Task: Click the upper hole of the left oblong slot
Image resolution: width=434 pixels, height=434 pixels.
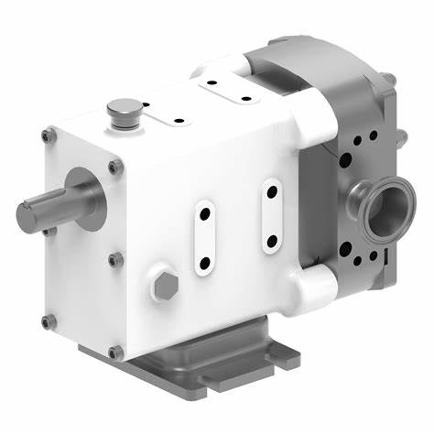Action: (x=204, y=212)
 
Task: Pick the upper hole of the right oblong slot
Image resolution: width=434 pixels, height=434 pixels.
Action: (x=272, y=193)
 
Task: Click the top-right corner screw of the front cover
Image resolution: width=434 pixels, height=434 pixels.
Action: (x=114, y=167)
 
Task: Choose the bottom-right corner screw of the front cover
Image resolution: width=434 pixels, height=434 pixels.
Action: (x=114, y=352)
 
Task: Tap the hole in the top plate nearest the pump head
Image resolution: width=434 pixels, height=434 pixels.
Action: (x=245, y=99)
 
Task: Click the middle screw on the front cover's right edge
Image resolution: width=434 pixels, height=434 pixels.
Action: (x=114, y=260)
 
